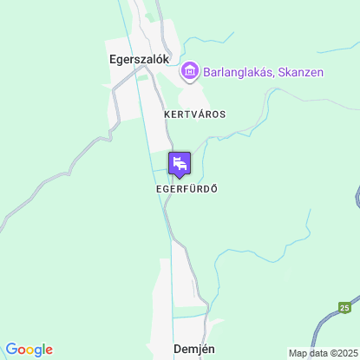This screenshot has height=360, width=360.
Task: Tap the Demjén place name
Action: tap(193, 349)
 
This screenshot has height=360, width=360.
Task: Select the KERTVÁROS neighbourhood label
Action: tap(194, 114)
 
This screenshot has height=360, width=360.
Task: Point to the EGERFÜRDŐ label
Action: tap(186, 188)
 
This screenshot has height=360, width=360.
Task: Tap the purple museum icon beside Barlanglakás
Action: tap(189, 72)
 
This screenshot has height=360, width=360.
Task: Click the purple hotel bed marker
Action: tap(180, 163)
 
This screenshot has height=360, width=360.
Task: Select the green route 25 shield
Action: tap(345, 307)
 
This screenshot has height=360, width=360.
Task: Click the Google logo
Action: tap(29, 350)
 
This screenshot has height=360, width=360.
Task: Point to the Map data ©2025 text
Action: tap(322, 353)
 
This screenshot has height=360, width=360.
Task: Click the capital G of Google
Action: tap(11, 349)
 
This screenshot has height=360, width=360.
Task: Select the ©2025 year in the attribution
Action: tap(341, 353)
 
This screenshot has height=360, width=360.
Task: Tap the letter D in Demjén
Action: tap(177, 349)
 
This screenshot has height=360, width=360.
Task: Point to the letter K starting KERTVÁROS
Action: tap(167, 114)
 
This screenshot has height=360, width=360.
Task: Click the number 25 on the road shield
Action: tap(345, 307)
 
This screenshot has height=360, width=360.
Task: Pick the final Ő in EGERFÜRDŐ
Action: tap(213, 188)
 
